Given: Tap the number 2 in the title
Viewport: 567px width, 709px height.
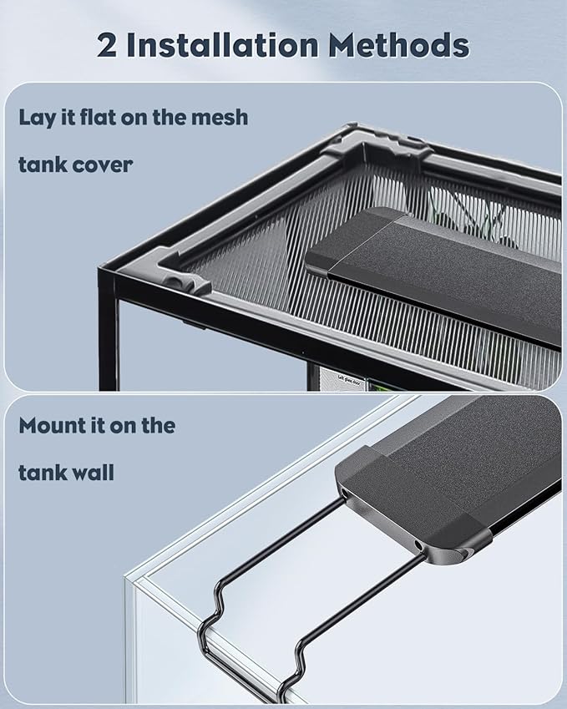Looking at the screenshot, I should [x=108, y=45].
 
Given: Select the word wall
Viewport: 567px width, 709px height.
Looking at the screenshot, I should [x=89, y=473].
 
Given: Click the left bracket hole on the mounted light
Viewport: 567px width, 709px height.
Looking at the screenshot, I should [x=344, y=495].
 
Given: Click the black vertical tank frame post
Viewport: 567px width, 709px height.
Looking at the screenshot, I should [x=108, y=334].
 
